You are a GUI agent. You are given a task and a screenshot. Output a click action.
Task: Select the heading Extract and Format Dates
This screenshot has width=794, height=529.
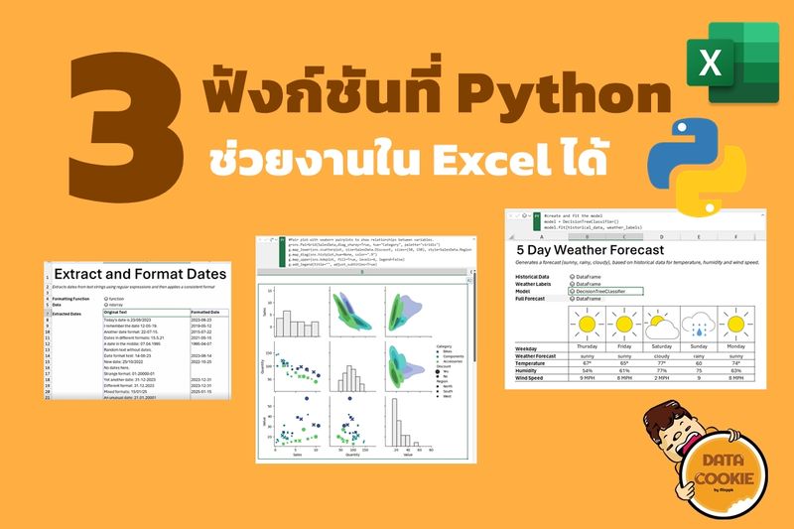tap(140, 273)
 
